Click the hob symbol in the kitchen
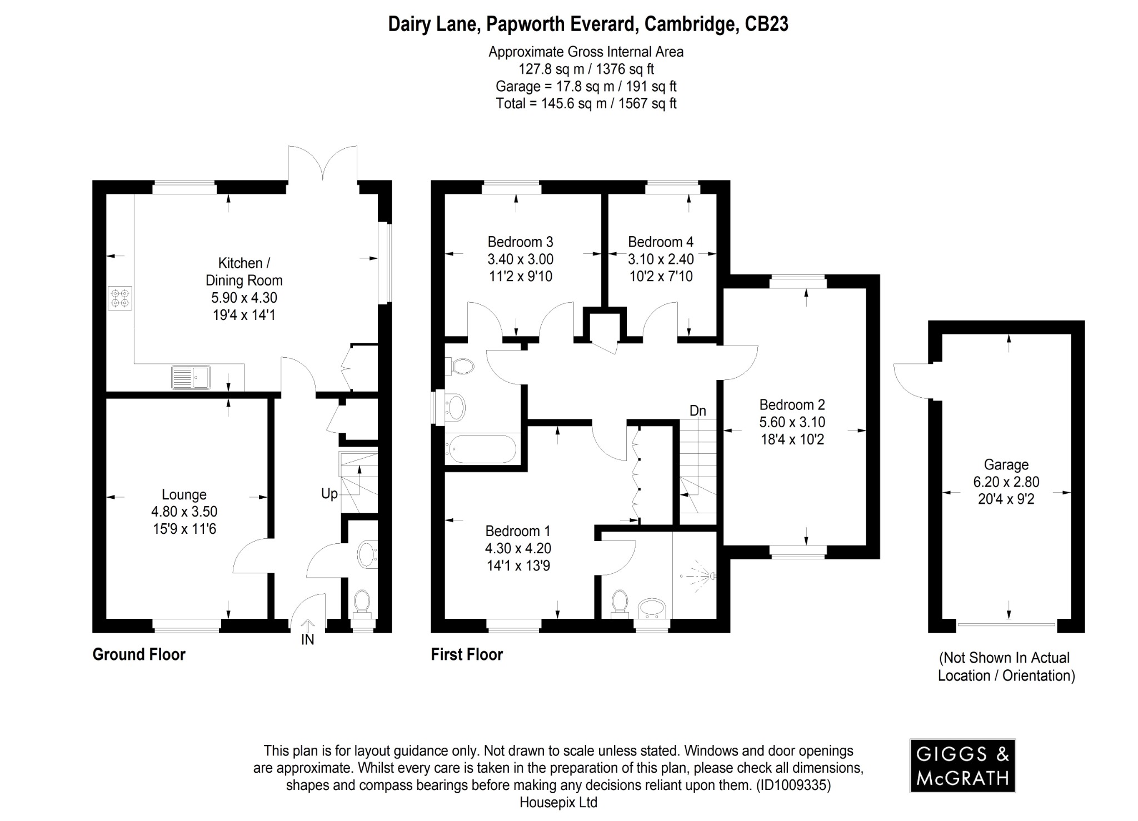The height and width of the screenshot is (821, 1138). click(x=121, y=298)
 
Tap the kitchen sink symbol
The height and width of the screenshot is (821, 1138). click(x=191, y=377)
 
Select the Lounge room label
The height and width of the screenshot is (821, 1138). click(x=184, y=494)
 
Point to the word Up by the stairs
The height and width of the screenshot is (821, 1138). click(x=330, y=493)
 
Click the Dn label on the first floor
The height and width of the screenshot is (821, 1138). click(x=697, y=410)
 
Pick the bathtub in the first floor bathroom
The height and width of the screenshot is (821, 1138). click(x=482, y=449)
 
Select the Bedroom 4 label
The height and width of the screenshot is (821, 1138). click(x=660, y=242)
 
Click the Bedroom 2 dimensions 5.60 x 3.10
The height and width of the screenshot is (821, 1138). click(x=792, y=422)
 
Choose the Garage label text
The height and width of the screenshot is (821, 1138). click(x=1006, y=464)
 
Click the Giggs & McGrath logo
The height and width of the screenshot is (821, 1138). click(x=962, y=765)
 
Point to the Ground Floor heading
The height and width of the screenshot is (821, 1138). click(x=139, y=654)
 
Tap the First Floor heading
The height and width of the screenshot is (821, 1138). click(x=467, y=654)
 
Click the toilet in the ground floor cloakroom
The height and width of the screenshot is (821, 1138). click(x=362, y=602)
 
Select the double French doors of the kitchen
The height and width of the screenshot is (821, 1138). click(x=322, y=163)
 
